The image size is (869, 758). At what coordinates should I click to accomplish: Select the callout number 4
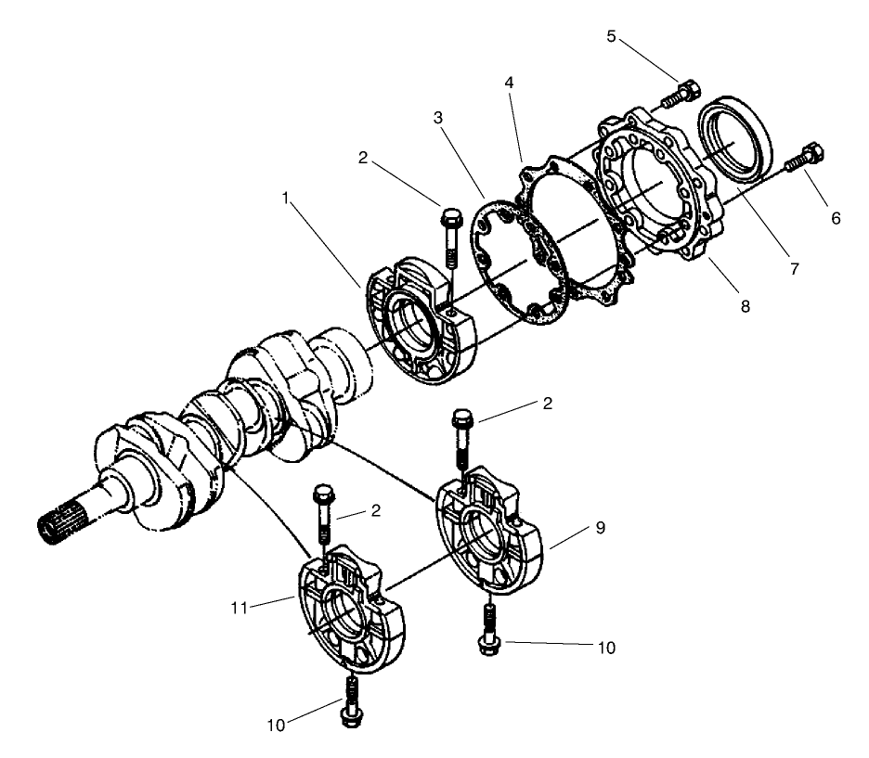click(x=508, y=82)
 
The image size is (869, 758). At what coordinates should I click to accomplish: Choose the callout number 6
click(x=835, y=218)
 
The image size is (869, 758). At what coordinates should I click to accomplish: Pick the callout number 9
click(x=600, y=527)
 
